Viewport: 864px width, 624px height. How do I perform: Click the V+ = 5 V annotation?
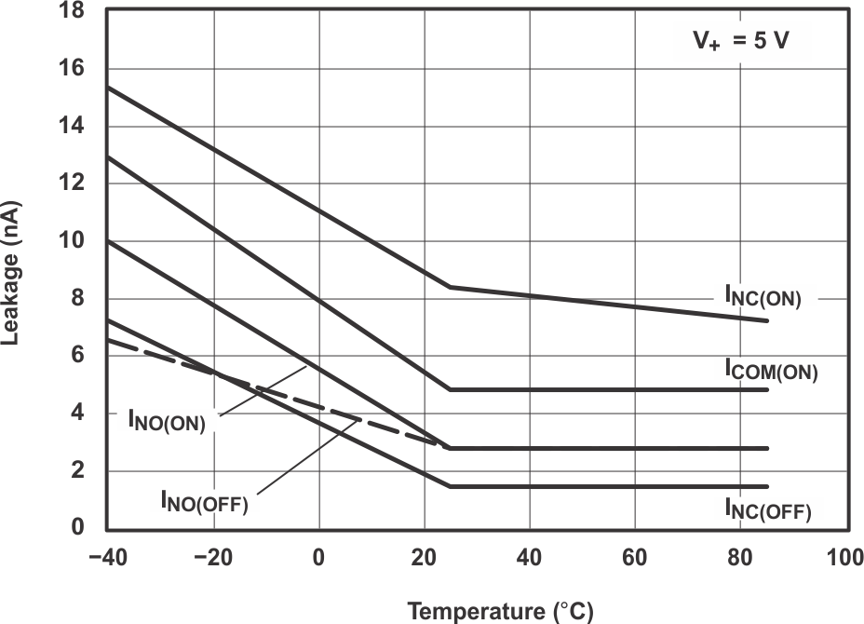[x=744, y=42]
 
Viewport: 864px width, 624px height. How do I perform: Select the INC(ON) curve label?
[x=763, y=296]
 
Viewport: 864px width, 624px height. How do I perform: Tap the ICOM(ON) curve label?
[x=771, y=371]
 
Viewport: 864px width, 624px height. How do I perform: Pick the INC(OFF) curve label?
[x=767, y=509]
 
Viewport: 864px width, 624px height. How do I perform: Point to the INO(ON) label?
[x=167, y=419]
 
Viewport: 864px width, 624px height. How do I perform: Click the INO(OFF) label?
[x=203, y=504]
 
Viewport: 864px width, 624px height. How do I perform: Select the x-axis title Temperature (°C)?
[x=500, y=611]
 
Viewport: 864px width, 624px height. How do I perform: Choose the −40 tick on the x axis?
[x=107, y=557]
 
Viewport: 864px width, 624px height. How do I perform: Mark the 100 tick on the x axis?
[x=844, y=557]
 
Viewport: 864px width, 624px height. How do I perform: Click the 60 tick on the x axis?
[x=634, y=557]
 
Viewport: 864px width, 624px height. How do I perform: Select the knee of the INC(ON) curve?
[x=451, y=287]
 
